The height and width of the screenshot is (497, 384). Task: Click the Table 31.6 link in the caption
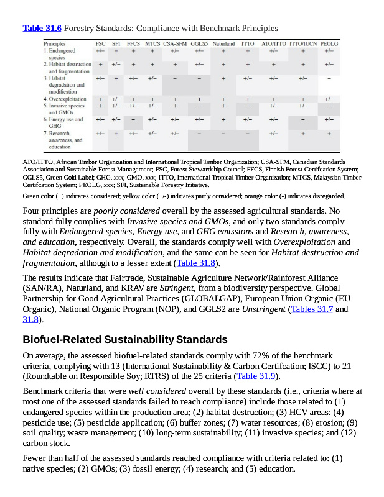42,28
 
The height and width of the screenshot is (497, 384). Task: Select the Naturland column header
223,44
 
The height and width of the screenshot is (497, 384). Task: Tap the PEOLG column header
329,44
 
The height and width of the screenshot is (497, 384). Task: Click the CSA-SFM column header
175,44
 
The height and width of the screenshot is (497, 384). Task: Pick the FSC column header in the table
100,44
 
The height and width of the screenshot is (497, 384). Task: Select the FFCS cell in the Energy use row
133,119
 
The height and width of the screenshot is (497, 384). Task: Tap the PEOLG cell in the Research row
329,133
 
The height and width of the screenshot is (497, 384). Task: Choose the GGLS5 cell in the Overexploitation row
199,99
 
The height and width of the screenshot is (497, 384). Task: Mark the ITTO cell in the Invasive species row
248,106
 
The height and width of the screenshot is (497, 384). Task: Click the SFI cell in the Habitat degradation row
116,79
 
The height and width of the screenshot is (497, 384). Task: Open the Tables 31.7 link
312,309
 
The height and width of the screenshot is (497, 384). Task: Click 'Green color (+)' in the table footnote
44,196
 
